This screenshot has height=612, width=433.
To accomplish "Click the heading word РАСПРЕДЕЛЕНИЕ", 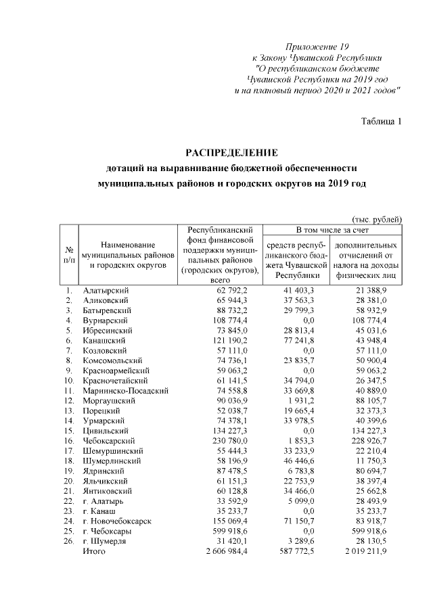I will click(x=232, y=151).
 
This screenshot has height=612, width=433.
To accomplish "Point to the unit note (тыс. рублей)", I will click(x=377, y=218).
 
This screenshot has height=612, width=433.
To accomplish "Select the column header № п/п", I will click(x=69, y=254).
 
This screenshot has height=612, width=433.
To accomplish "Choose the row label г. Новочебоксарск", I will click(x=116, y=521).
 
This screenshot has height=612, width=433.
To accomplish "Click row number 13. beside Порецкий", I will click(x=69, y=410).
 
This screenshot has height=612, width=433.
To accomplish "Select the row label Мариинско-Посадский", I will click(x=124, y=390).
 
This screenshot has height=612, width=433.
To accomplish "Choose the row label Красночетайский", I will click(x=116, y=379).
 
